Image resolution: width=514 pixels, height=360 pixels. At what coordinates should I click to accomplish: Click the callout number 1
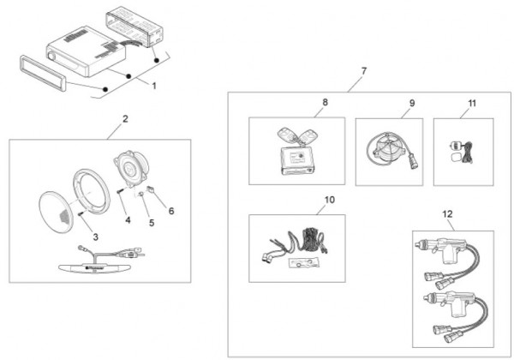[154, 87]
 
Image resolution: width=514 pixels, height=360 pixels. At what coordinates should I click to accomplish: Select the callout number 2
[125, 119]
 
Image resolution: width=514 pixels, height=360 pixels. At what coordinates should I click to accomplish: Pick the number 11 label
[471, 103]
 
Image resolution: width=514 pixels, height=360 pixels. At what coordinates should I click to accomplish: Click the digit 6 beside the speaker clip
[170, 211]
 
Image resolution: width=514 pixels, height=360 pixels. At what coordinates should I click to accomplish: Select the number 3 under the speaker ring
[95, 236]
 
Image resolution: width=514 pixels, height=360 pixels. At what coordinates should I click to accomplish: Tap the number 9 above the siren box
[411, 103]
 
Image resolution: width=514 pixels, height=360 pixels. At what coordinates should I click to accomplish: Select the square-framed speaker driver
[134, 169]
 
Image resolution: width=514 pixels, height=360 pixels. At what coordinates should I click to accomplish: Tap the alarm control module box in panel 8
[299, 159]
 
